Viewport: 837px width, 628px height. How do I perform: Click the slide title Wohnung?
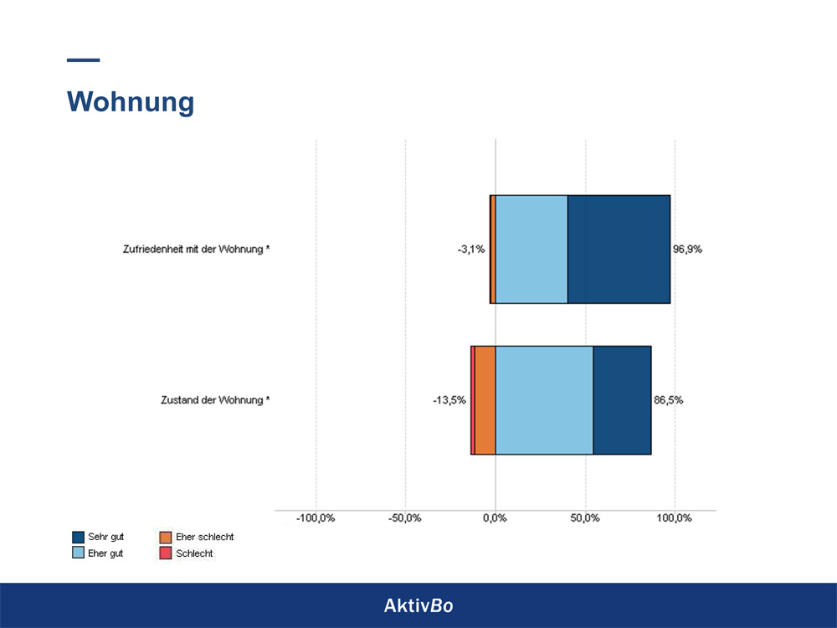coord(131,101)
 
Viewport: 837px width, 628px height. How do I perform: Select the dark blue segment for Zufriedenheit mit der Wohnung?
coord(619,249)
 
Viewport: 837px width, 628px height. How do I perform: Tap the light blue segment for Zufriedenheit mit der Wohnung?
coord(531,249)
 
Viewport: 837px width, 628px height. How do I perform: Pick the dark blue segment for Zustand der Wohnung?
coord(622,400)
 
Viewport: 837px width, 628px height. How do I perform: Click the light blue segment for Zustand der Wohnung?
coord(544,400)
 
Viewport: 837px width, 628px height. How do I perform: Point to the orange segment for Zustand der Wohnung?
coord(485,400)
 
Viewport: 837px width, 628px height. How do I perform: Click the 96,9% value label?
coord(687,250)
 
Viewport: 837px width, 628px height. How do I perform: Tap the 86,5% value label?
coord(668,400)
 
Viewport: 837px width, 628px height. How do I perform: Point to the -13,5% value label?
coord(449,400)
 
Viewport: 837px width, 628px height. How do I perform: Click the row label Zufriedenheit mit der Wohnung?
coord(196,250)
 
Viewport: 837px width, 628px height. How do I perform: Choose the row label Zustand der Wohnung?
coord(215,400)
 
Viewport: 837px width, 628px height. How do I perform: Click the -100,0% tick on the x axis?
coord(316,518)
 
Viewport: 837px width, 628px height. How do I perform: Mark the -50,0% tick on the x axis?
coord(405,518)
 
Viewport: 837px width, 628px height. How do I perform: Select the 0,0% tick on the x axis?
coord(496,518)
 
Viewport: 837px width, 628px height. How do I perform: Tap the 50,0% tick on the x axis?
coord(585,518)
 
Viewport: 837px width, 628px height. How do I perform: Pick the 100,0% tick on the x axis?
coord(675,518)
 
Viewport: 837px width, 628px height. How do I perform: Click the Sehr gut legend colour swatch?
coord(79,537)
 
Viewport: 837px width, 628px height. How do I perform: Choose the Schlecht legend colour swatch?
coord(166,553)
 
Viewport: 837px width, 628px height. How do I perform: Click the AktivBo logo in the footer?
coord(418,605)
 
